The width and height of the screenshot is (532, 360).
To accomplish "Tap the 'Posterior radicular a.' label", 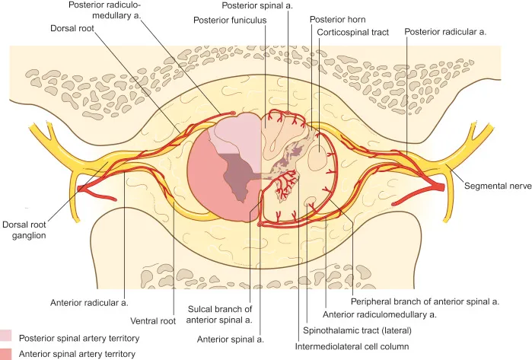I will tap(448, 33).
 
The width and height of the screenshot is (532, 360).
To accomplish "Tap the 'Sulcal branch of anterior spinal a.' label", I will tap(219, 314).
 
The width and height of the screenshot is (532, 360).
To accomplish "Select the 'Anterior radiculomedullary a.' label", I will tap(380, 314).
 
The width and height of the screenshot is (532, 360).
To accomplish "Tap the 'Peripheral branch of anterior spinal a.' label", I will tap(425, 301).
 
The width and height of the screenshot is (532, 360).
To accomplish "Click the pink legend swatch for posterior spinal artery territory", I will tap(6, 336).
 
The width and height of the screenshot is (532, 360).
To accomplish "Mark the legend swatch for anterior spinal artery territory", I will tap(6, 354).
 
